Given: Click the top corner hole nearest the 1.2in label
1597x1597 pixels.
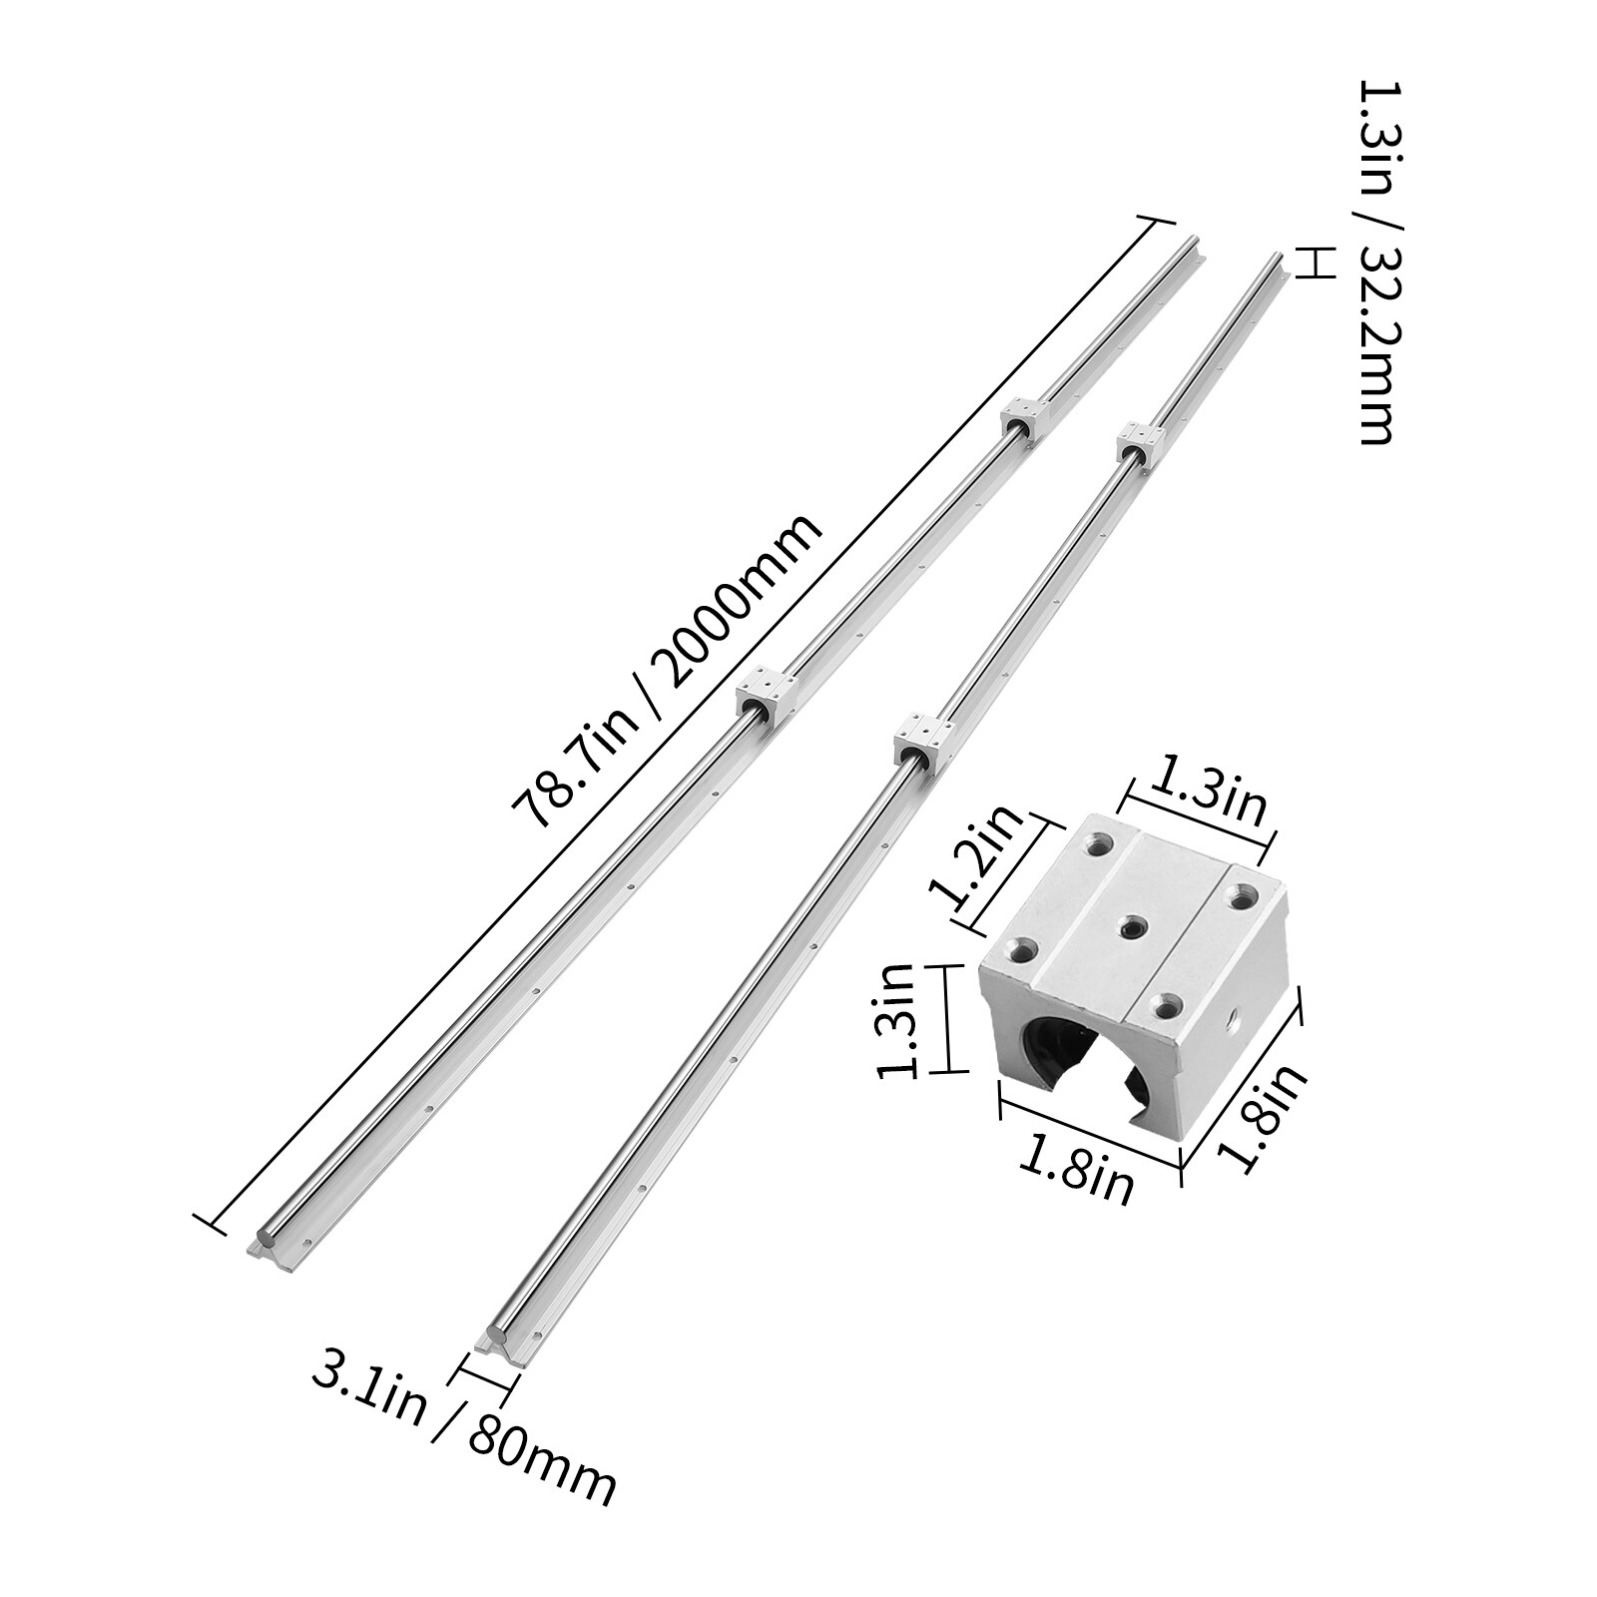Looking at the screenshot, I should [x=1100, y=843].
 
